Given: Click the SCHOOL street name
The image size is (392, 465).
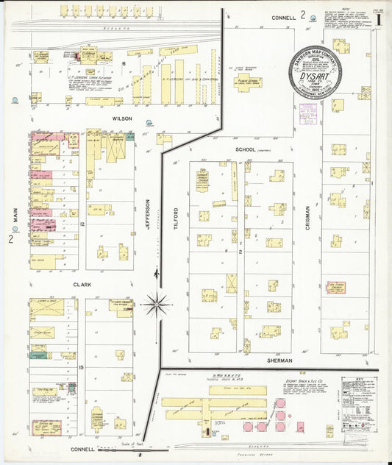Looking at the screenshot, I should [x=245, y=149].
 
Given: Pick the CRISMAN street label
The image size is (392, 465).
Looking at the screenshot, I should [x=308, y=219].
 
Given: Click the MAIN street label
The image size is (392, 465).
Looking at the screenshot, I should [x=14, y=215].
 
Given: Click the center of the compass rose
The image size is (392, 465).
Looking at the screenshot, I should [x=157, y=303].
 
